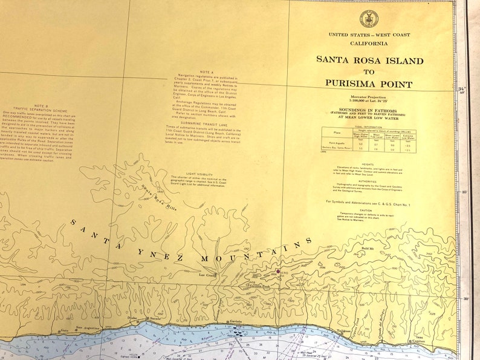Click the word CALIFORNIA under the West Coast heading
[369, 44]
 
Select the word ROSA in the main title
[375, 61]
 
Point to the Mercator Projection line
[368, 97]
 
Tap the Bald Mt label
[368, 249]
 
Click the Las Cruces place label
[207, 274]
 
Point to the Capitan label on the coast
[418, 342]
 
